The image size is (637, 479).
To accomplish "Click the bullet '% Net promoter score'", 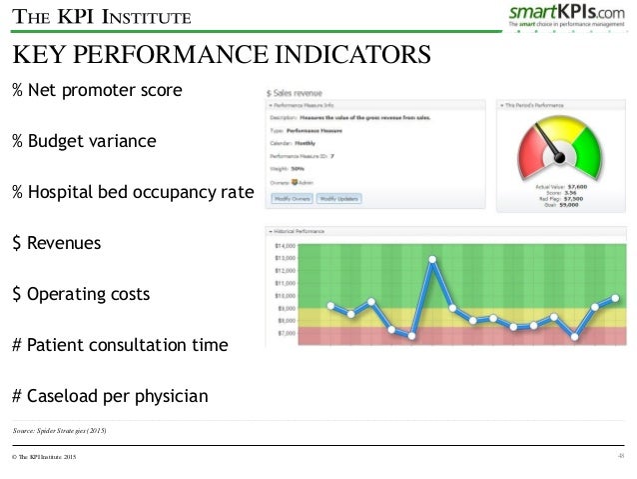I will pos(97,91).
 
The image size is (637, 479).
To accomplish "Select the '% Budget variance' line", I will pos(84,141).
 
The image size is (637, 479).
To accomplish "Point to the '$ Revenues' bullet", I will pos(56,243).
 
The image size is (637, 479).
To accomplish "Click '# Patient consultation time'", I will pos(120,345).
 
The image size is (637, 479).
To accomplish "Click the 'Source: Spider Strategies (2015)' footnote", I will pos(60,430).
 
